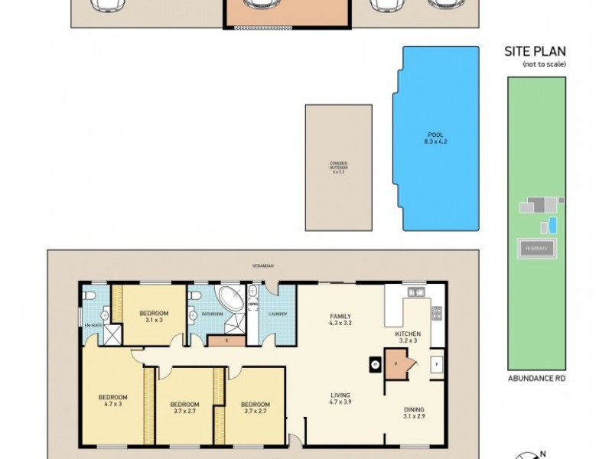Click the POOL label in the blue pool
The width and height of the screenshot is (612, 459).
coord(435,138)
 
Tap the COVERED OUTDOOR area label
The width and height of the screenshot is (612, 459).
coord(338,168)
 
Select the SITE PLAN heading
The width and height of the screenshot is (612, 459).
coord(535,52)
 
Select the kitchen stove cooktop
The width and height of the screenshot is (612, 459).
coord(438,312)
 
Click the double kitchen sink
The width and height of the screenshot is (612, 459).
coord(416,291)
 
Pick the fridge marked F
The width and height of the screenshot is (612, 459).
coord(438,363)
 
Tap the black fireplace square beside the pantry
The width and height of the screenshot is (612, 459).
coord(376,365)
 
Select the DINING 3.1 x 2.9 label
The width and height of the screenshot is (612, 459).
coord(414,413)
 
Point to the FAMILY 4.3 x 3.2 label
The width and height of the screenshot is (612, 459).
coord(340,320)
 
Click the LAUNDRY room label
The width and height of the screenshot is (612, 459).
coord(276,314)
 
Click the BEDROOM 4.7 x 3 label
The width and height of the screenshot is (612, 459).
coord(112,401)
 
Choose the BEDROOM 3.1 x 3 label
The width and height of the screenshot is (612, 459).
coord(154,317)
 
